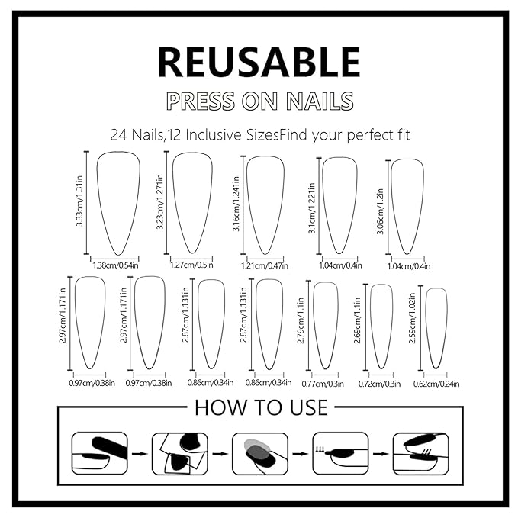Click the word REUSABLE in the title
tap(259, 63)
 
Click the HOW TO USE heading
tap(260, 407)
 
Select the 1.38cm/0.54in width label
tap(115, 264)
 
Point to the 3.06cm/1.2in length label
tap(381, 208)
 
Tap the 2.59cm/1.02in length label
tap(413, 326)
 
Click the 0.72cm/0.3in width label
tap(379, 384)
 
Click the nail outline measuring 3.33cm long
tap(115, 202)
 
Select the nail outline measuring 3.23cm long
tap(192, 201)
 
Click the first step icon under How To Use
tap(99, 453)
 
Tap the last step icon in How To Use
tap(420, 453)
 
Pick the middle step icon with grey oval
tap(259, 453)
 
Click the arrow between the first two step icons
tap(140, 453)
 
